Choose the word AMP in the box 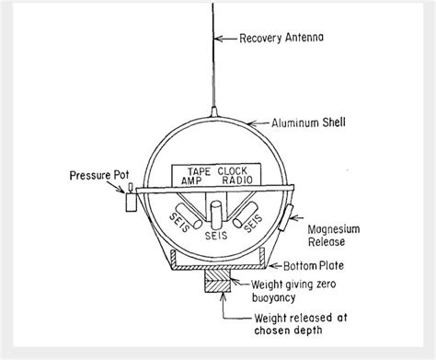pyautogui.click(x=196, y=181)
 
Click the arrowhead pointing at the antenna pyautogui.click(x=219, y=39)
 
